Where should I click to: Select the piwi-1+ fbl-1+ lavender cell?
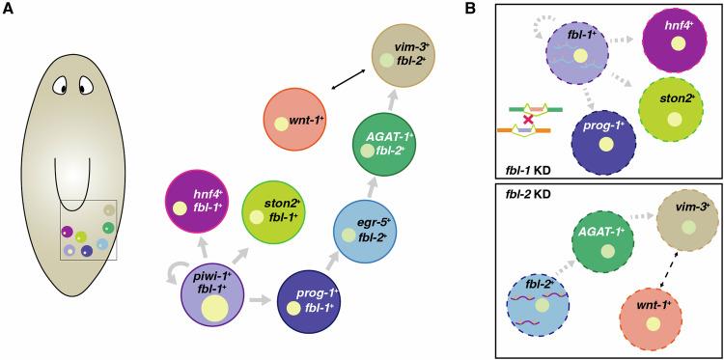212,300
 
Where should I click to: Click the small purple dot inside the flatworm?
68,232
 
